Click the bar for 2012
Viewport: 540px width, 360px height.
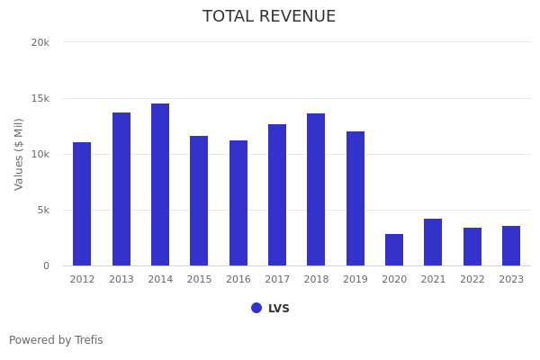[x=82, y=203]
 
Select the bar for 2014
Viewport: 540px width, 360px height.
[x=160, y=184]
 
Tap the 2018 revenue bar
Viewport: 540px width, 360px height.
[x=316, y=189]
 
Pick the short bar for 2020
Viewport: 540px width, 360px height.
[x=394, y=249]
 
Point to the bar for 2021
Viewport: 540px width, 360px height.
[x=433, y=242]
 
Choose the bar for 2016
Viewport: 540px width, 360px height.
[x=238, y=202]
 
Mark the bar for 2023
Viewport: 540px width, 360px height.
[x=511, y=246]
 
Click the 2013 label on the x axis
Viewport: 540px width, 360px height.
[x=121, y=280]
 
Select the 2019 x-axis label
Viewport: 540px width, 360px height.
[x=355, y=280]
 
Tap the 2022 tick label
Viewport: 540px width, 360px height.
[x=472, y=280]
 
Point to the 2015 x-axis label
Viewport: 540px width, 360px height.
[x=199, y=280]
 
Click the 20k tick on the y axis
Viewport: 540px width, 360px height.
[x=40, y=42]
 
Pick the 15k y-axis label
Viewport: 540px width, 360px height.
[x=40, y=98]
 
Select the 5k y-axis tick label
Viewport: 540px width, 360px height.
[x=42, y=210]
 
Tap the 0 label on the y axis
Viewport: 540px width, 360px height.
[x=45, y=265]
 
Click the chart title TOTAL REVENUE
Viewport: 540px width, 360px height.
[x=269, y=17]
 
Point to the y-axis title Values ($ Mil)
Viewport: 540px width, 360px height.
[x=19, y=154]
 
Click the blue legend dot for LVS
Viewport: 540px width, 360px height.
[x=256, y=308]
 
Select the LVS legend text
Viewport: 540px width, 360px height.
[x=279, y=309]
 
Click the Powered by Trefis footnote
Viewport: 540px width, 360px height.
[x=56, y=340]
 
